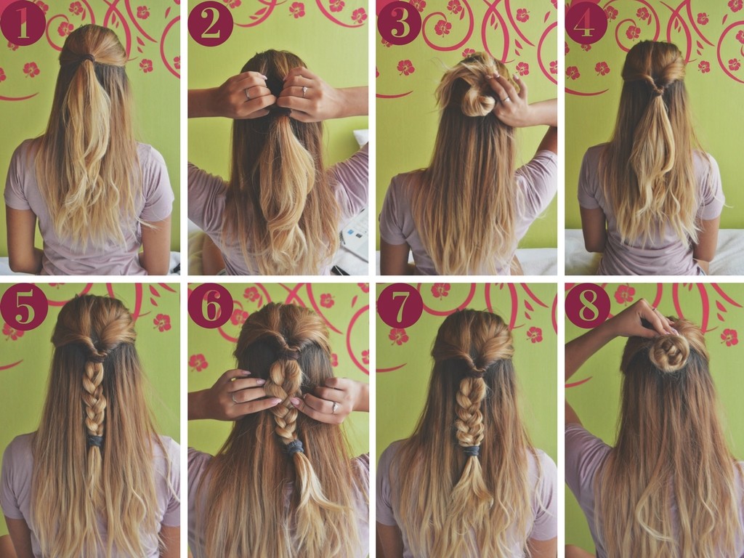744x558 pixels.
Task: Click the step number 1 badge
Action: point(23,23)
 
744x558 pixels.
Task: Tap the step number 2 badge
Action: point(210,23)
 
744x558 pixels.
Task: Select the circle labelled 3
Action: point(399,23)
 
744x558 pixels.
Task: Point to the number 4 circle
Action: point(586,23)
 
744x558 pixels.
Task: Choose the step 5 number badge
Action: point(24,307)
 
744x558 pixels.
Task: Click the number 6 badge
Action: point(210,306)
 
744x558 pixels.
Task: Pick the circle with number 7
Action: point(400,306)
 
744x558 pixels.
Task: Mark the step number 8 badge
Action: point(587,306)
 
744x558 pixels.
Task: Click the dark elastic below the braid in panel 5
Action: point(95,441)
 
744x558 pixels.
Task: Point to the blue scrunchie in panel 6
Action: point(294,447)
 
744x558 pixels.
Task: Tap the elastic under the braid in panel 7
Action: point(472,450)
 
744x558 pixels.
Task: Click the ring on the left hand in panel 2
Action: point(248,94)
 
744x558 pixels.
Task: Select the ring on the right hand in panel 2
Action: point(304,91)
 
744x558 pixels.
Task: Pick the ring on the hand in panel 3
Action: point(506,99)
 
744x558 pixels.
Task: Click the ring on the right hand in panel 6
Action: point(336,407)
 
